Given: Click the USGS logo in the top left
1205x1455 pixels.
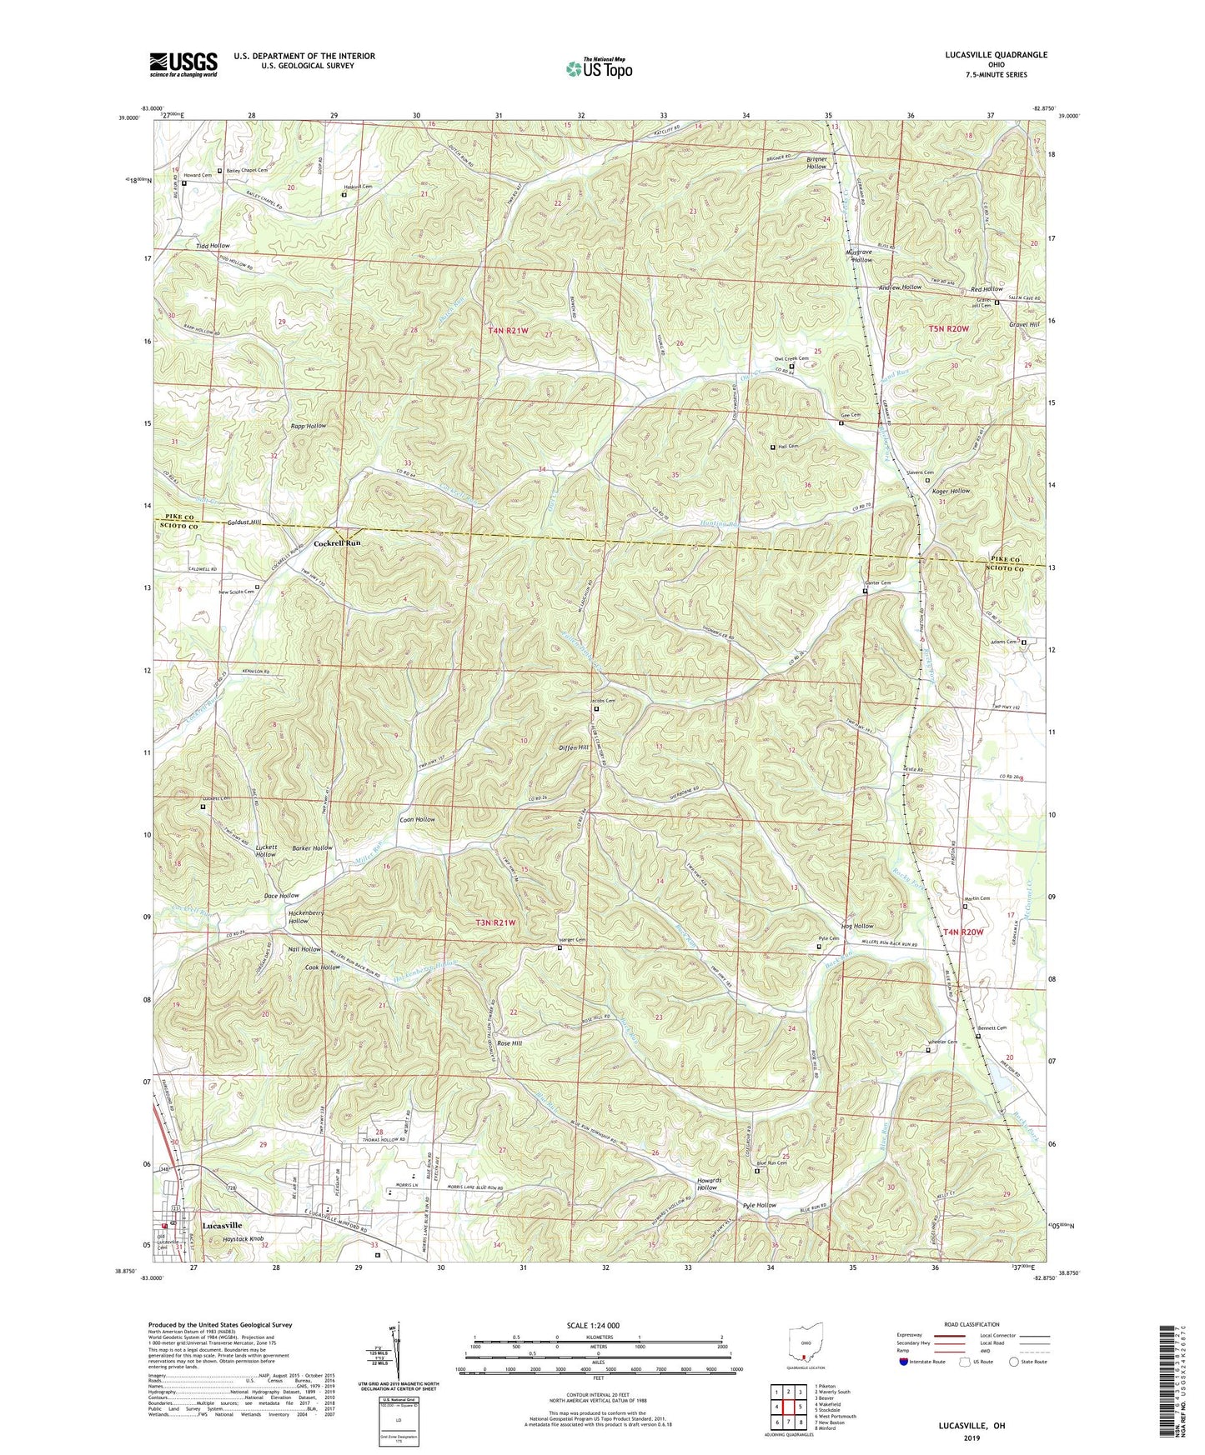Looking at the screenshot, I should click(x=183, y=63).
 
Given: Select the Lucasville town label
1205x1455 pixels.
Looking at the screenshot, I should click(x=222, y=1226).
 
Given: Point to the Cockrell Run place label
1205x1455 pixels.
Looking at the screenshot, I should click(x=337, y=543).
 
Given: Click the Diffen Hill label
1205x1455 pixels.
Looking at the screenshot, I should click(x=574, y=747).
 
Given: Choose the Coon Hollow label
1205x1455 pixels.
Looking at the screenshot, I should click(x=417, y=819).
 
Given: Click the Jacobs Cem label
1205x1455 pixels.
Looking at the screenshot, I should click(x=602, y=701).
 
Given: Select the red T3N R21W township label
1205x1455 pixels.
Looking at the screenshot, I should click(x=496, y=922).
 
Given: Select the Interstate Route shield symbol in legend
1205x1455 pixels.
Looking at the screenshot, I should click(x=904, y=1362).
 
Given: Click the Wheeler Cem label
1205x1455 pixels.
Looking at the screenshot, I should click(x=942, y=1042).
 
